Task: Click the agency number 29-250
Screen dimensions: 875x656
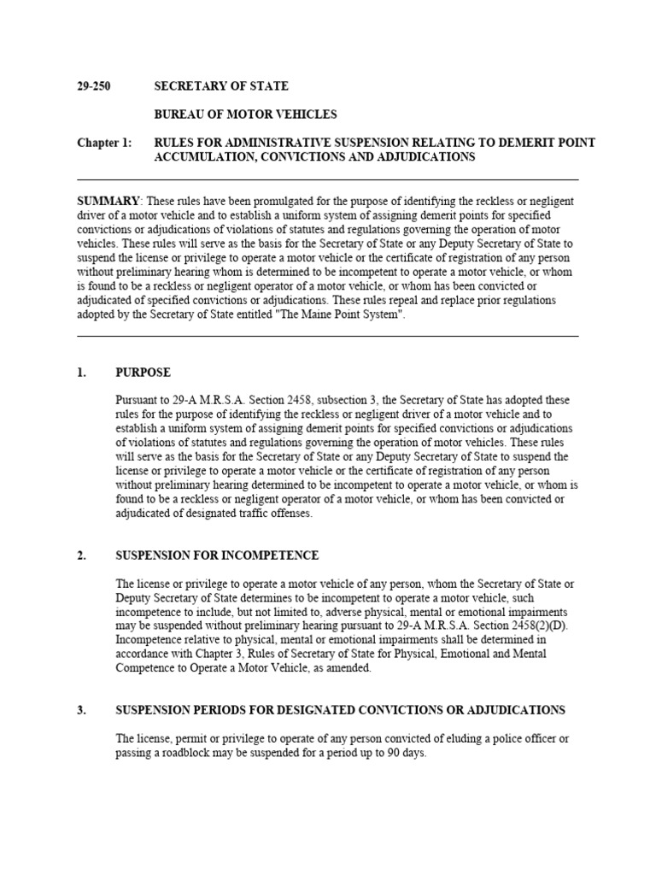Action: [94, 86]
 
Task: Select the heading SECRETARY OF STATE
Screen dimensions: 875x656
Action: [220, 86]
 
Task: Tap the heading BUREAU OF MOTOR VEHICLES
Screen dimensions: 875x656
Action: [245, 115]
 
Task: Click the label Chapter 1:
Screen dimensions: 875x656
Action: [104, 143]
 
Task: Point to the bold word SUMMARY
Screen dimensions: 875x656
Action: [108, 201]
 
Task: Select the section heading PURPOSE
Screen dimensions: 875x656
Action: [143, 373]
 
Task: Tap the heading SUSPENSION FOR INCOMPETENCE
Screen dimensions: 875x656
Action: [217, 555]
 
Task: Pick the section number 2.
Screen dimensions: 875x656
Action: [82, 555]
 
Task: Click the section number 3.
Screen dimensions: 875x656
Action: [82, 710]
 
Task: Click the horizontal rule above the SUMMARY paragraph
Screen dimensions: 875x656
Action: [328, 179]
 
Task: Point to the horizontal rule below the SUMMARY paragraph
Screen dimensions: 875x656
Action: [328, 336]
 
